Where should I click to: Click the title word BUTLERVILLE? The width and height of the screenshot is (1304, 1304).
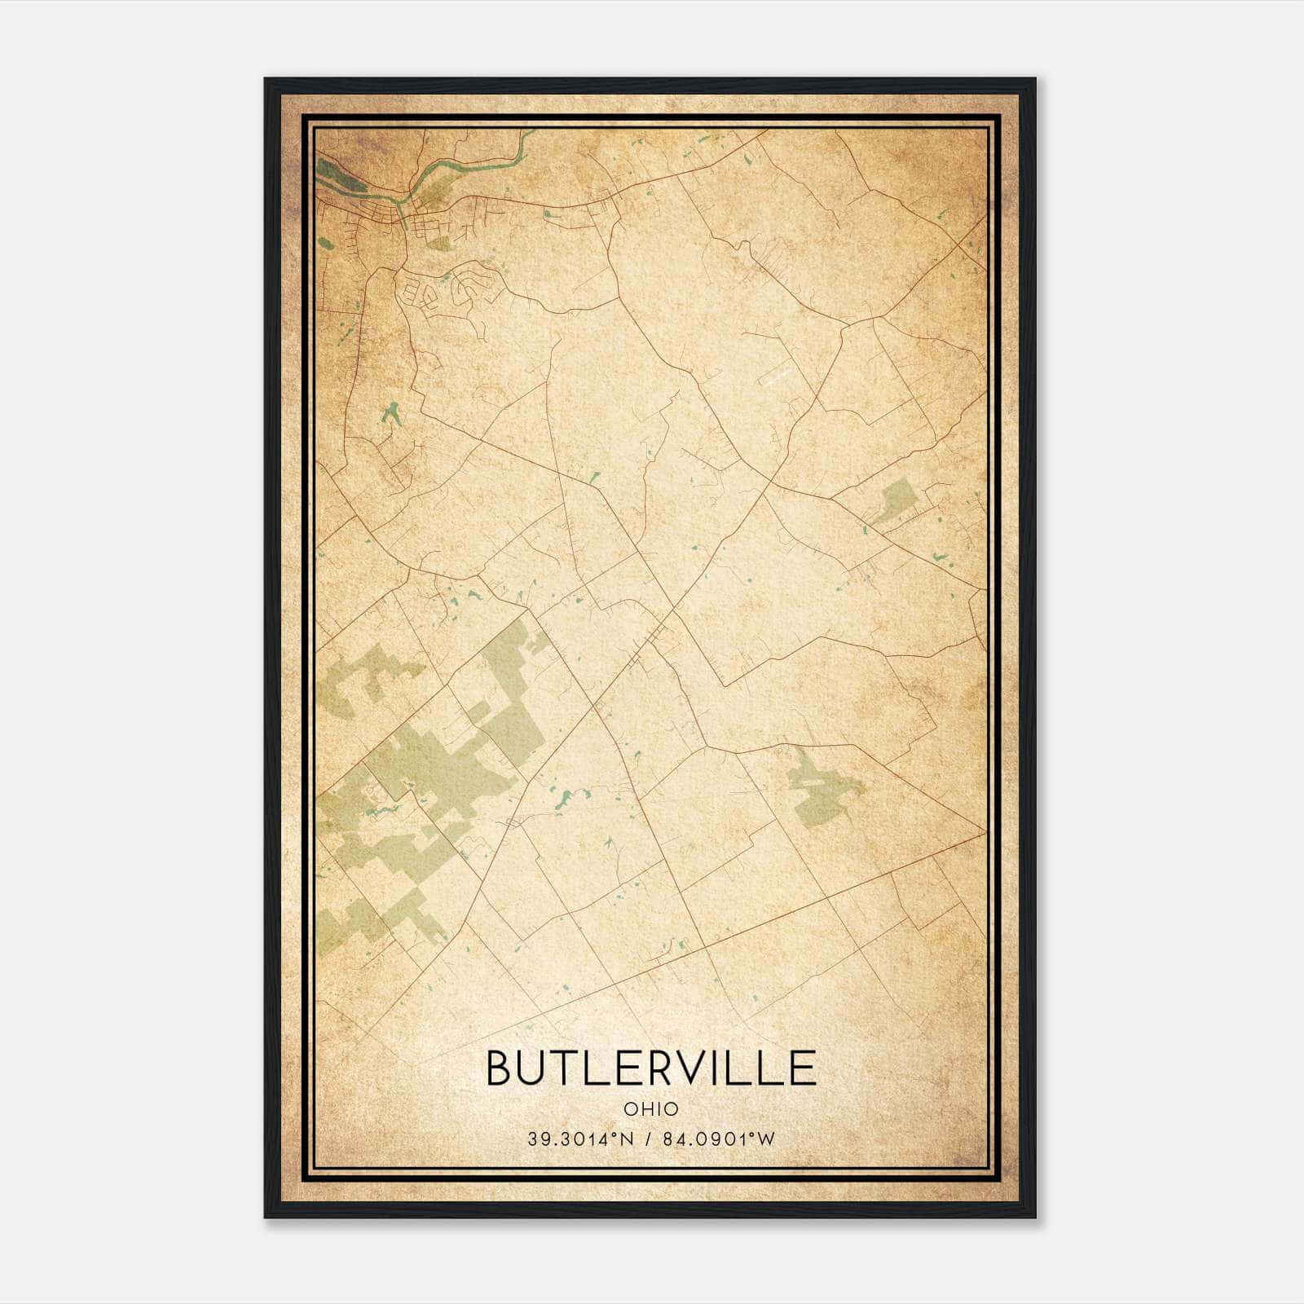point(650,1067)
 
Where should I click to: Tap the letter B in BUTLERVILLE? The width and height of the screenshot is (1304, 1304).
point(501,1067)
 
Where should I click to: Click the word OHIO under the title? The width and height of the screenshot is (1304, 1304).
point(650,1108)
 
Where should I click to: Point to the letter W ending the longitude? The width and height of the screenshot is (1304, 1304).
point(766,1139)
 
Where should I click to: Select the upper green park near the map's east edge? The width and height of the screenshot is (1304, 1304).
point(896,500)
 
